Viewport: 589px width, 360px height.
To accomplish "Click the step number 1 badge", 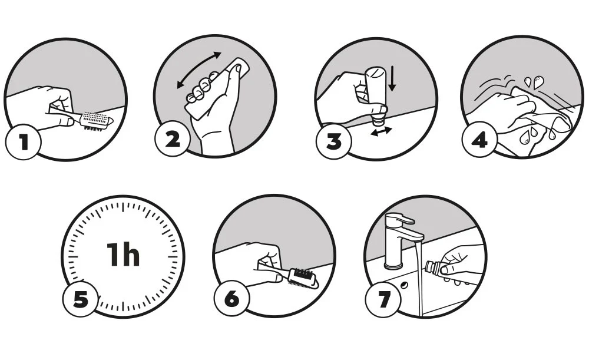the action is click(x=24, y=142).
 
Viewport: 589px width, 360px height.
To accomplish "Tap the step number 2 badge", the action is click(x=173, y=140).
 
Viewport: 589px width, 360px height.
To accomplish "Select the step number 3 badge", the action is click(x=333, y=141).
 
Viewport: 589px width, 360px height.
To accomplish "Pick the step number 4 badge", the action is click(x=479, y=140).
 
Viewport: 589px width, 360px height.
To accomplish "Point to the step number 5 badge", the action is click(x=81, y=299).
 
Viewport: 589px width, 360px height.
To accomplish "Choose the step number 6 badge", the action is click(x=231, y=299).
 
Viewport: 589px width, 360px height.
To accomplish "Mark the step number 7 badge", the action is click(x=383, y=299).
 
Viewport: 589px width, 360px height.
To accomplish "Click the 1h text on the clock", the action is click(x=123, y=255).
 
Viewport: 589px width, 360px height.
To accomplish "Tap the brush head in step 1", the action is click(x=97, y=121).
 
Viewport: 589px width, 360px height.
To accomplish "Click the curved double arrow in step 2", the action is click(x=199, y=70).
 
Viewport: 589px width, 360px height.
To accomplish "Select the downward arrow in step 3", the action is click(x=392, y=78).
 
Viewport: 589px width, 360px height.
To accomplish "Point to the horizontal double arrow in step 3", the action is click(x=381, y=131).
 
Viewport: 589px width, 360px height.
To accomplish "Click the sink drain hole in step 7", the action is click(x=404, y=285).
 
